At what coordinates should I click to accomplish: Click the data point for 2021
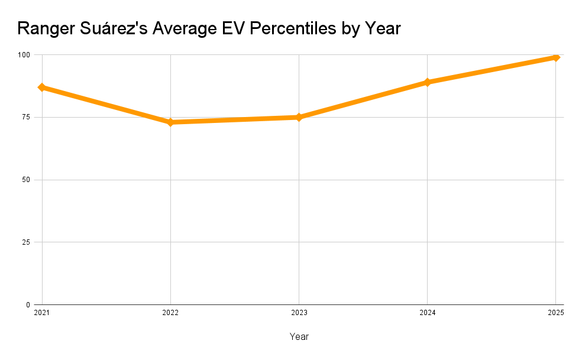click(42, 87)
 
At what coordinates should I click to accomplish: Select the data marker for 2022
click(170, 122)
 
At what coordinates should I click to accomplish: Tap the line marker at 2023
click(299, 117)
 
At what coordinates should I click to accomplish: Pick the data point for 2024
click(427, 82)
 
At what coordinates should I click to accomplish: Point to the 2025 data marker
click(555, 57)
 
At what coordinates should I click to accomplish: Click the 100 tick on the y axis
click(24, 55)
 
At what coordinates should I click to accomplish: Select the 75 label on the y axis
click(26, 117)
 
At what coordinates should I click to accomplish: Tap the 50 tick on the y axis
click(26, 180)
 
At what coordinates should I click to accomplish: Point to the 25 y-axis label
click(26, 242)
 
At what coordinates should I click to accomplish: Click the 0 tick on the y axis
click(28, 305)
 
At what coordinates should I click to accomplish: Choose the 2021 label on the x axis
click(42, 313)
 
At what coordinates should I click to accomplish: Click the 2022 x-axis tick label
click(170, 313)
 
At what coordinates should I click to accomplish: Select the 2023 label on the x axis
click(299, 313)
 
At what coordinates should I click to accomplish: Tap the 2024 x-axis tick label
click(427, 313)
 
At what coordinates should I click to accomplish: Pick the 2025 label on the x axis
click(555, 313)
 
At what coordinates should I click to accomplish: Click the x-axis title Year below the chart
click(299, 336)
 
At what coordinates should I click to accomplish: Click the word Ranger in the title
click(46, 28)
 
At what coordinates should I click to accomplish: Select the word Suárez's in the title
click(112, 28)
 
